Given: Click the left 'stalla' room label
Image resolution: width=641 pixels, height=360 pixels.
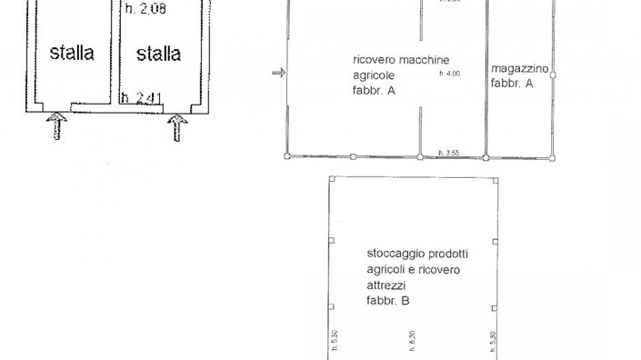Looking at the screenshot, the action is (72, 54).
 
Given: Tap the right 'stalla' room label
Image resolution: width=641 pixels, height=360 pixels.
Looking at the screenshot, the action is (158, 54).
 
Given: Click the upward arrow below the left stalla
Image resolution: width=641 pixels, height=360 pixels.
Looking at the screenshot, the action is (56, 125).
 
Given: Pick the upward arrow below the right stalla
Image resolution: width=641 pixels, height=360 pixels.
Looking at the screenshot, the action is (178, 125).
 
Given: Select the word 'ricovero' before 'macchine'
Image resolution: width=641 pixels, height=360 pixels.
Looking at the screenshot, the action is (373, 61).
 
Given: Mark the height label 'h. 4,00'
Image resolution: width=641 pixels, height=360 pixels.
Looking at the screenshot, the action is (449, 74).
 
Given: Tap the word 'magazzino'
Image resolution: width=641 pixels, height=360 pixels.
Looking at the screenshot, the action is (519, 68).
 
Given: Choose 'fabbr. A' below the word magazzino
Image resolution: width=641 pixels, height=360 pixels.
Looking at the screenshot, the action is (511, 83).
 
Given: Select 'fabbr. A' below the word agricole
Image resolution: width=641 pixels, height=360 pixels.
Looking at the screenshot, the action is (374, 91).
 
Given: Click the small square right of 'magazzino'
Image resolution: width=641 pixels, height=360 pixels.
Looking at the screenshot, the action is (554, 68).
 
